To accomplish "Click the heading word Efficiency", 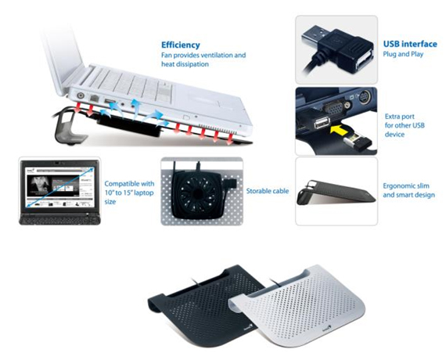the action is (x=180, y=45).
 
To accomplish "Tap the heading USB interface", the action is (x=410, y=44).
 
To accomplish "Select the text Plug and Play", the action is (x=403, y=54).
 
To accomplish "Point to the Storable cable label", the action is (x=268, y=191).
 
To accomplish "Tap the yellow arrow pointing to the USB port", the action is (x=340, y=130).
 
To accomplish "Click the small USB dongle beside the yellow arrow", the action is (x=358, y=141).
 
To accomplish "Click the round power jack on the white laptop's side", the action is (x=81, y=95).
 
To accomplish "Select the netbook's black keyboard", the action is (x=59, y=219).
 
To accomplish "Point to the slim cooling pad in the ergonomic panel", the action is (x=336, y=193).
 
